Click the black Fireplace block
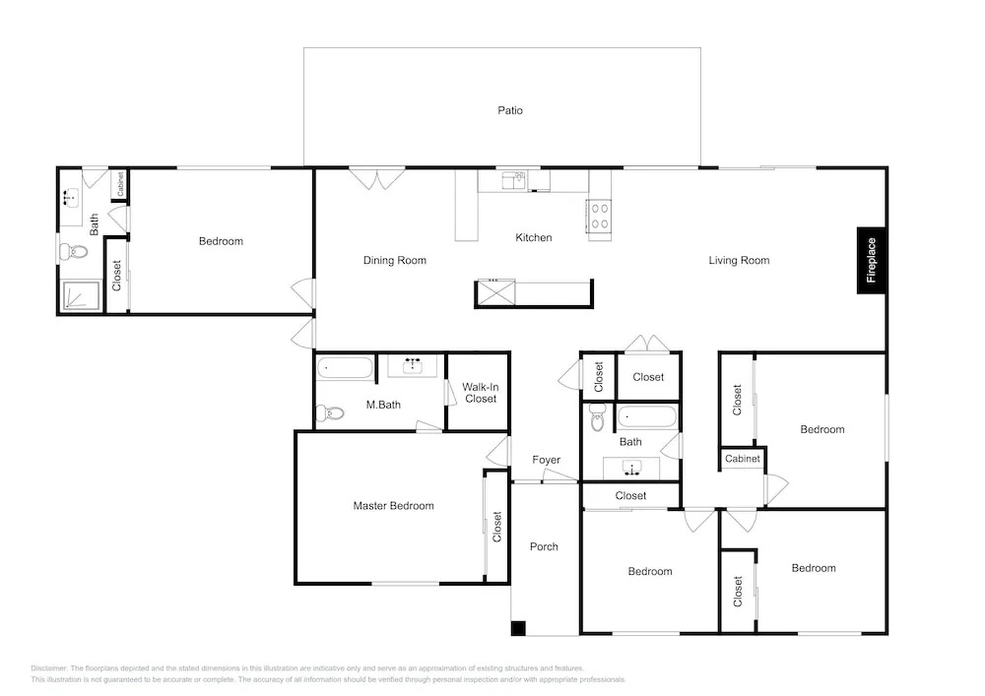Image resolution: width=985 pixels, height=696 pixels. click(x=872, y=260)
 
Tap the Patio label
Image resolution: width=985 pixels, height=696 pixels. click(x=510, y=110)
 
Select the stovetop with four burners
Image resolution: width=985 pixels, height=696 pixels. click(x=599, y=216)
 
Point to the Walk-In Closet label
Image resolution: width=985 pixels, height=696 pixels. click(x=481, y=393)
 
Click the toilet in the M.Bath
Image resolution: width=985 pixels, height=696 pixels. click(x=330, y=413)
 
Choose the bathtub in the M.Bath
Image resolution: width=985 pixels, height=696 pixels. click(x=345, y=368)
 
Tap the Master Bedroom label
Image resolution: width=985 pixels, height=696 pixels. click(x=393, y=506)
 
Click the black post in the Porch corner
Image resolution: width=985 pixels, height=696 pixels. click(x=518, y=628)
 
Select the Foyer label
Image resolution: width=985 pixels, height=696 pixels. click(x=546, y=460)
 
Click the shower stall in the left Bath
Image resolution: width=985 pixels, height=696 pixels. click(x=82, y=296)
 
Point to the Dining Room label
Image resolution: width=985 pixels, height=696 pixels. click(x=395, y=261)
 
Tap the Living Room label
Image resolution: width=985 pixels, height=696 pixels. click(x=739, y=261)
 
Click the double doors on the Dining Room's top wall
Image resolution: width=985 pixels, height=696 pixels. click(x=377, y=178)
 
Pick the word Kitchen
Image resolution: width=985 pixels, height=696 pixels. click(x=533, y=238)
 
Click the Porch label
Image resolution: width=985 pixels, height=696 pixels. click(x=544, y=546)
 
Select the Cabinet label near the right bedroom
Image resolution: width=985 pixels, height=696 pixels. click(x=743, y=459)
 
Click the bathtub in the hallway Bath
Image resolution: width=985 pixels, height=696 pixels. click(x=647, y=416)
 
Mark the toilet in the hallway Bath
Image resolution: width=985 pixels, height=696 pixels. click(x=598, y=416)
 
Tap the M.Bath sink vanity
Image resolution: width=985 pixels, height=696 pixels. click(x=412, y=366)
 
